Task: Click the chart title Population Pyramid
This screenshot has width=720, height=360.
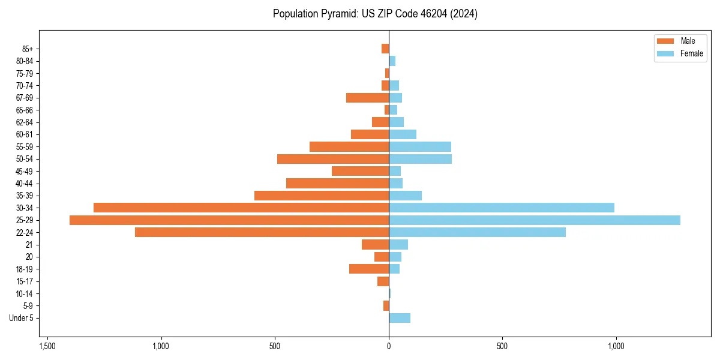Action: (375, 14)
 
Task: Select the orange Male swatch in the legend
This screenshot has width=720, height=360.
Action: (666, 41)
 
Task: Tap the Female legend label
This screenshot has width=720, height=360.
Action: (691, 53)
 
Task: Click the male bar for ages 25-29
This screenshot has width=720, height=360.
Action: (229, 220)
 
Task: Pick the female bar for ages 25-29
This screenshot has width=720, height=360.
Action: (535, 220)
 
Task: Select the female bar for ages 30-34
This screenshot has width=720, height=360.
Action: (502, 208)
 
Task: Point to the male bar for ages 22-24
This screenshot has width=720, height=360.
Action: (262, 232)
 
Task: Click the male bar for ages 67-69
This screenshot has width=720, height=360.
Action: (367, 98)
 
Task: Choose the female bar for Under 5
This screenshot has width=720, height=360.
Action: (400, 318)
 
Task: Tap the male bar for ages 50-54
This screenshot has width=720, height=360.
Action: (333, 159)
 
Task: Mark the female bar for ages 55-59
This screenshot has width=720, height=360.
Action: (420, 146)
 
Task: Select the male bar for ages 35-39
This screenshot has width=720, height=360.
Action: (322, 196)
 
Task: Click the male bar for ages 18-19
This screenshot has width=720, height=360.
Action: (369, 269)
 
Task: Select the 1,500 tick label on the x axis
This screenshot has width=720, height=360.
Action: (47, 346)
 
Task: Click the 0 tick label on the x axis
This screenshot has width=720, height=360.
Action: (389, 346)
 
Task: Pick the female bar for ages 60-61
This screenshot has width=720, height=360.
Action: (403, 134)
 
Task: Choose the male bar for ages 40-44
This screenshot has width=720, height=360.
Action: (337, 183)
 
